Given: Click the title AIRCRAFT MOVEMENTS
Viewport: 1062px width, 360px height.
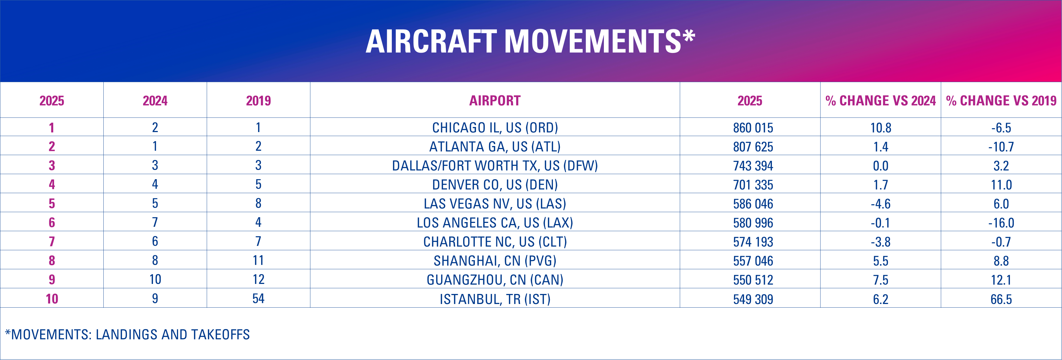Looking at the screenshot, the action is (530, 41).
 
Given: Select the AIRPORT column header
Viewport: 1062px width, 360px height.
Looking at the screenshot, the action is (495, 101).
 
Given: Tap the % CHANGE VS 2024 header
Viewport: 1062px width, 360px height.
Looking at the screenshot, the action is (881, 101).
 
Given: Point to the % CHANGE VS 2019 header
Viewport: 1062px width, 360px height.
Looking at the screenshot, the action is (1001, 101).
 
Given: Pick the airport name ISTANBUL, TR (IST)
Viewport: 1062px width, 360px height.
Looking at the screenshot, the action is (495, 299).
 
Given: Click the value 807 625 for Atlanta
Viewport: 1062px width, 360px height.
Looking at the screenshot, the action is (753, 147).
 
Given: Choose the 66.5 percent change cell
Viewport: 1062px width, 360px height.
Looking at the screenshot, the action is (1001, 299).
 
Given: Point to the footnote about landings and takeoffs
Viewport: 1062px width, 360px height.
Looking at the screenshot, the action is (127, 334).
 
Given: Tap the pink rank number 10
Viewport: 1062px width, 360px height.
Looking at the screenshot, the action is (52, 298).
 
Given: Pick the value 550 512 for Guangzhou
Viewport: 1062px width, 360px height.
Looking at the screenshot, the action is (753, 280).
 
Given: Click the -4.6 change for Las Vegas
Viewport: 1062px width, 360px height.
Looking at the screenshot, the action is (881, 204).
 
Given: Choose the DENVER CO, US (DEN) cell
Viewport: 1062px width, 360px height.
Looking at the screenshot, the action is (495, 185).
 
